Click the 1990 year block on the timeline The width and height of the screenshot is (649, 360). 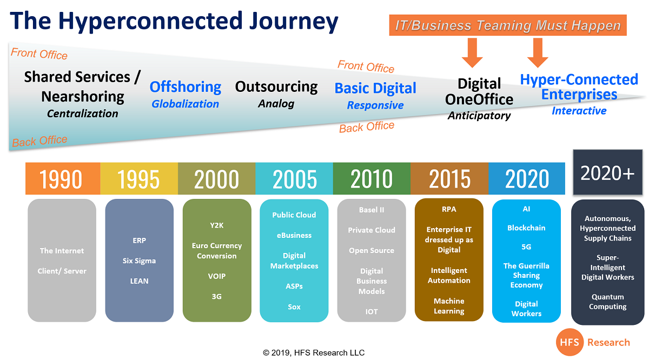coord(63,178)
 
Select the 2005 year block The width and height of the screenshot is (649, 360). coord(294,178)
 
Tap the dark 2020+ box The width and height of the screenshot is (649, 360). coord(607,172)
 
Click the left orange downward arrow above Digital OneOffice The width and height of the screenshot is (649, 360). coord(472,53)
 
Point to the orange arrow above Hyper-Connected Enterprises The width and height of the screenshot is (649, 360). coord(538,53)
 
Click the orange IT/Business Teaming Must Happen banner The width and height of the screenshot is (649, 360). coord(508,25)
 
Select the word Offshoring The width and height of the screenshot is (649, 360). coord(186,87)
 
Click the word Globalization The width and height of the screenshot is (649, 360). coord(186,104)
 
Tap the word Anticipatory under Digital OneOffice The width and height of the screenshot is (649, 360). coord(479,116)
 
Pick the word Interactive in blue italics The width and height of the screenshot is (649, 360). coord(579,111)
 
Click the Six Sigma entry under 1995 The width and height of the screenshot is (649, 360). coord(139,261)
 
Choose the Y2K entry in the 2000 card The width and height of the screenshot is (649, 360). coord(217,225)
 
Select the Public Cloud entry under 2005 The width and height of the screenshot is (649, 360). coord(294,215)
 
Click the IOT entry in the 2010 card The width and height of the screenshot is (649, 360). coord(372,312)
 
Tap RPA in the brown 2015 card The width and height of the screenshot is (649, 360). coord(449,209)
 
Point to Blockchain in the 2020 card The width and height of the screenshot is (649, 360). coord(526,228)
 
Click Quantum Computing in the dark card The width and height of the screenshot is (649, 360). coord(607,302)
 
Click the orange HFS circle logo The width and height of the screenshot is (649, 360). coord(569,342)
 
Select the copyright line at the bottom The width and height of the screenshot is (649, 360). coord(314,353)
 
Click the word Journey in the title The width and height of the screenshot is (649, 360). coord(294,22)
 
